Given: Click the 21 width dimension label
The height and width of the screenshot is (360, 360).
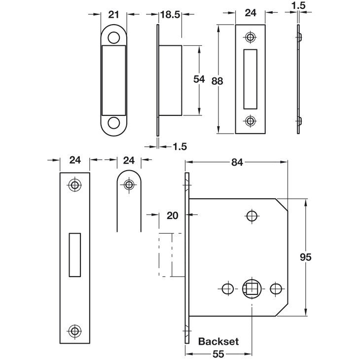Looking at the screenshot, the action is (x=113, y=14).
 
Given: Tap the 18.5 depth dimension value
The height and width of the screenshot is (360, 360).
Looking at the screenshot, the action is (x=170, y=15).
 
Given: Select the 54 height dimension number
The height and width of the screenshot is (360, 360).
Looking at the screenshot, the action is (x=199, y=79).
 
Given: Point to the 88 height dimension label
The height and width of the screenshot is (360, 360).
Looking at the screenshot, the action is (x=217, y=81).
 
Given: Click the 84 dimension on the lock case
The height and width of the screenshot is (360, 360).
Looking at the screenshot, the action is (x=237, y=162).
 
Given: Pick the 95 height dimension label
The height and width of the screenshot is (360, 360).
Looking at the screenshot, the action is (x=306, y=257).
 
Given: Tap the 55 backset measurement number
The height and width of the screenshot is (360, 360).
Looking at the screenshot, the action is (x=218, y=354).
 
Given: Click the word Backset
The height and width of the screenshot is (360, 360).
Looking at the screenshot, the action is (x=218, y=341).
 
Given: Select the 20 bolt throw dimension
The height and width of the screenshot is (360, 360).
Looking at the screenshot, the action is (x=173, y=216).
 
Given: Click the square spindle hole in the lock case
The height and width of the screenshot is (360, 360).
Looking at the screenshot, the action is (x=252, y=289).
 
